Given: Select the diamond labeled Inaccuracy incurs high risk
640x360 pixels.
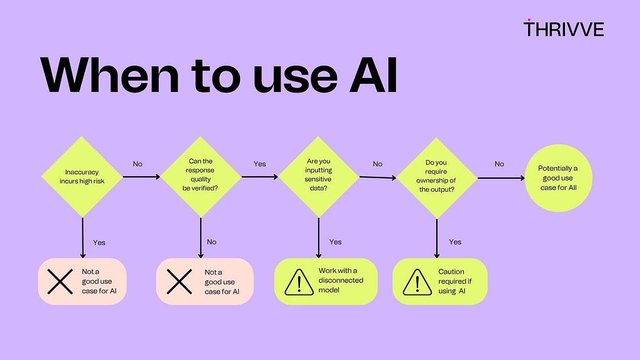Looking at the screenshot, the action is click(x=82, y=177).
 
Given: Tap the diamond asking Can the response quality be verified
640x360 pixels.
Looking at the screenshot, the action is click(x=201, y=177).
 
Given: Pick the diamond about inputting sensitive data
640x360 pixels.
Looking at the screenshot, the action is click(x=318, y=177).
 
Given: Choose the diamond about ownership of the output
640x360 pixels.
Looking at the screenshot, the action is click(x=436, y=178).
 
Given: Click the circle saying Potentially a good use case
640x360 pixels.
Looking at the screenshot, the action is click(x=558, y=178).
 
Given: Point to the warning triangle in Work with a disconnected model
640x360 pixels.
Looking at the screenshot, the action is click(x=299, y=282).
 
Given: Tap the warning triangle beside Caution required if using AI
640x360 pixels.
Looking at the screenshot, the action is click(x=417, y=282).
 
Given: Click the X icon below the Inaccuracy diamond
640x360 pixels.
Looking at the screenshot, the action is click(x=60, y=282).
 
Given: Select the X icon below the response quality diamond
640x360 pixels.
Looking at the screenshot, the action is click(x=179, y=282).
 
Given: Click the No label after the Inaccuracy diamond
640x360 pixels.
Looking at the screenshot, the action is click(x=137, y=164).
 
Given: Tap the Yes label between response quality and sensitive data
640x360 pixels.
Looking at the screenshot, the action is click(x=259, y=164).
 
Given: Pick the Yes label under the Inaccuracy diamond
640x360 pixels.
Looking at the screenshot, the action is click(x=99, y=242).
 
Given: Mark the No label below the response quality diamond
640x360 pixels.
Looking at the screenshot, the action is click(x=211, y=242).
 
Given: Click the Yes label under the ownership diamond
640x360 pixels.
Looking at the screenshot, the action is click(x=455, y=242).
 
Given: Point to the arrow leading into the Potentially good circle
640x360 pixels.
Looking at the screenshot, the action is click(x=501, y=178).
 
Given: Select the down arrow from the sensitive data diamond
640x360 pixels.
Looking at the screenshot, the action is click(x=318, y=238).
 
